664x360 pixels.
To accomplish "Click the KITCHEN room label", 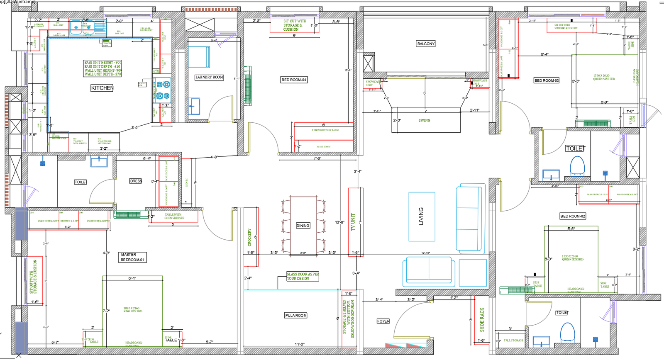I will tap(102, 88).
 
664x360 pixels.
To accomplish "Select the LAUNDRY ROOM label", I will tap(209, 77).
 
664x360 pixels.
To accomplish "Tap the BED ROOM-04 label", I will tap(294, 80).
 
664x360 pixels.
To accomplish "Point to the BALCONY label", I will tap(426, 44).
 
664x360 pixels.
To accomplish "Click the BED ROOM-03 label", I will tap(547, 80).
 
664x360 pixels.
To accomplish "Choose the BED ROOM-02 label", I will tap(572, 216).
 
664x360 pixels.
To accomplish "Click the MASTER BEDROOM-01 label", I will tap(132, 257).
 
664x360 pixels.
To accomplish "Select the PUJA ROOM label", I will tap(296, 316).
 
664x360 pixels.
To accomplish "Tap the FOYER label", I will tap(383, 321).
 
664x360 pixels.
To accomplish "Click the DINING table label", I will tap(303, 226).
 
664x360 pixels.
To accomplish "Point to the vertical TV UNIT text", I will tap(353, 222).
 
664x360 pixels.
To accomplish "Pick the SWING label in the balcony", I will tap(424, 120).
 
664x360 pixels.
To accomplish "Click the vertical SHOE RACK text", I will tap(482, 319).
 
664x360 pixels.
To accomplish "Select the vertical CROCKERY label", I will tap(249, 237).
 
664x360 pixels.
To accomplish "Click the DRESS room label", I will tap(136, 181).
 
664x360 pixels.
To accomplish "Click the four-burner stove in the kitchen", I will tap(162, 90).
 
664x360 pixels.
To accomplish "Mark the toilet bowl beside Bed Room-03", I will tap(577, 166).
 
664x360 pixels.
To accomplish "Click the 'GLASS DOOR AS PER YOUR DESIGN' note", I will tap(303, 276).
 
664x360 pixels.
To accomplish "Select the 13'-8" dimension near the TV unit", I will tap(339, 223).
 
